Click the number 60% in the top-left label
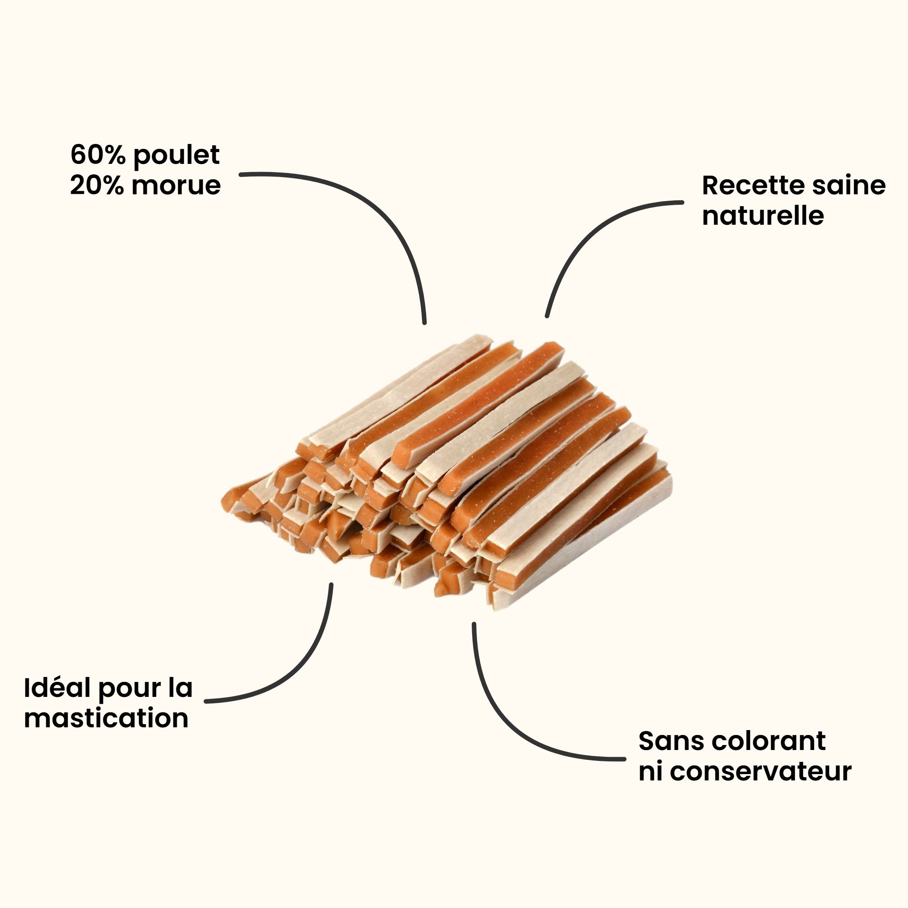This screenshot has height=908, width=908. [99, 155]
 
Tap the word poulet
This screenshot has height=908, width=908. [177, 155]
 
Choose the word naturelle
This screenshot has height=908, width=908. [763, 216]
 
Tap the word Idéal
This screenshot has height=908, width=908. [57, 688]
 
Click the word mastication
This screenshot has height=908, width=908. [106, 719]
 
